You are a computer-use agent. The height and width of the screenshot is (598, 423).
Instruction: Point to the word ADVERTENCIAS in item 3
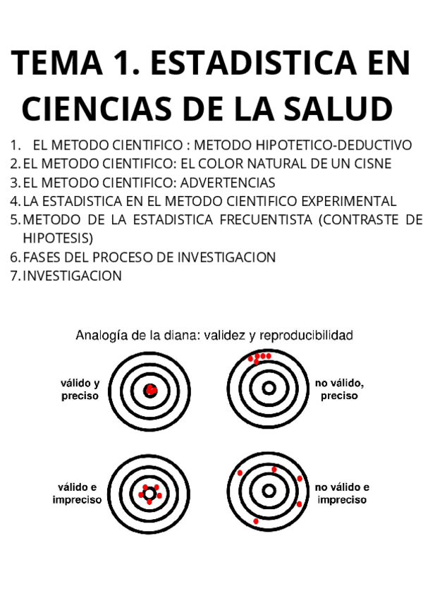coord(228,183)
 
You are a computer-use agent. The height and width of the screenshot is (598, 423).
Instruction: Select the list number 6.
coord(15,257)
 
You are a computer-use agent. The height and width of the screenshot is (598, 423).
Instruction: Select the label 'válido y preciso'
coord(80,389)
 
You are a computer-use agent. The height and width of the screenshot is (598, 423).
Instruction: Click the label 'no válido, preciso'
coord(339,389)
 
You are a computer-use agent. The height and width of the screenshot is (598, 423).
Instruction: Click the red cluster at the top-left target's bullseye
coord(150,390)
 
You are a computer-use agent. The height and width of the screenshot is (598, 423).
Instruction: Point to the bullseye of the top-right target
coord(268,388)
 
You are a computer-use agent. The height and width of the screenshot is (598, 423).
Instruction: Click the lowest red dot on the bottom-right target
coord(256,521)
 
